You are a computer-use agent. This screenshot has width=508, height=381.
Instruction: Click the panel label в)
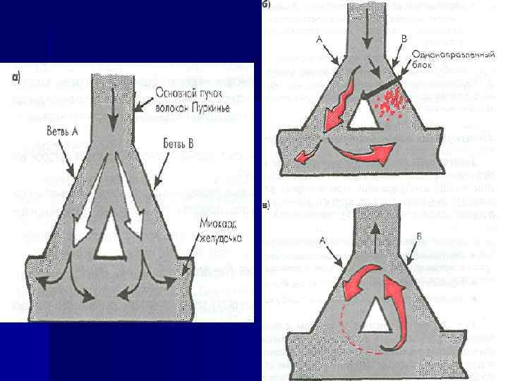click(266, 206)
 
